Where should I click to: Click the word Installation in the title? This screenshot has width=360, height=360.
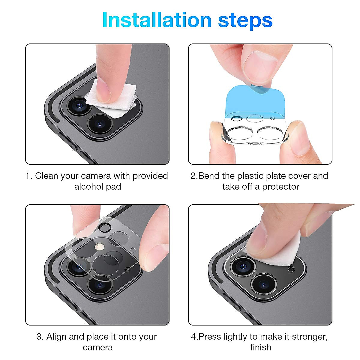(157, 20)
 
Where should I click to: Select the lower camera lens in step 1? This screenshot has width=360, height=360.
(100, 124)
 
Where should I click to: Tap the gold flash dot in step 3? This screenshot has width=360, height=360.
(100, 247)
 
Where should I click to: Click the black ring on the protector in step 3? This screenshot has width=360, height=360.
(105, 227)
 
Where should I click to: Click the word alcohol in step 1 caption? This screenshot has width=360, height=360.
(89, 187)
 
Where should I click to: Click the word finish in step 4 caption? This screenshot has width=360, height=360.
(261, 347)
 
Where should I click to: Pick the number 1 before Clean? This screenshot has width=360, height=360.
(28, 176)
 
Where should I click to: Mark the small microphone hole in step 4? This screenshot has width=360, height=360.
(291, 269)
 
